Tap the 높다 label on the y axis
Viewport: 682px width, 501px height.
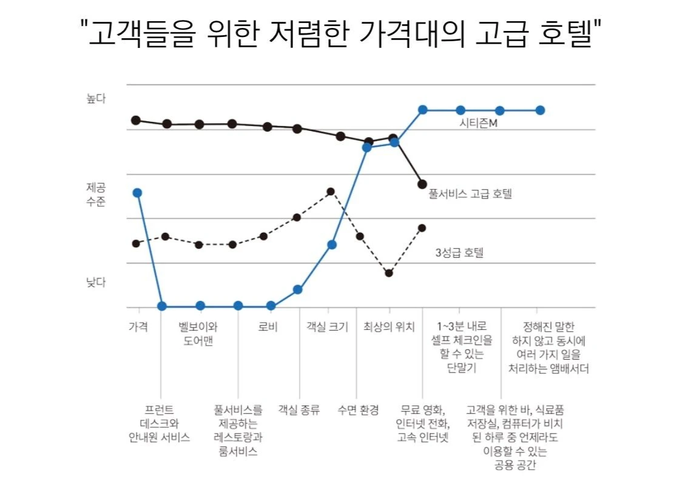coord(96,99)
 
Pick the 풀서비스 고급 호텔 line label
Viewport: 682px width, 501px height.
coord(470,194)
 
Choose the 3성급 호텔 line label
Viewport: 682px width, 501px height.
coord(460,252)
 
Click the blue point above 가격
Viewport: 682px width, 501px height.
coord(137,193)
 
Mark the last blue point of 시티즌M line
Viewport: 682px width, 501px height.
coord(540,110)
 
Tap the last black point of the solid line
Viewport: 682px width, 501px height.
coord(422,184)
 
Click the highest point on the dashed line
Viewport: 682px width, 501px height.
coord(331,192)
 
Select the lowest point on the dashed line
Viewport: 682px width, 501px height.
coord(389,273)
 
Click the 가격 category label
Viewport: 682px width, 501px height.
coord(138,327)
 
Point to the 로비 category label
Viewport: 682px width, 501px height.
coord(268,327)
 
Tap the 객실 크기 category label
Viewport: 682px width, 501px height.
coord(328,327)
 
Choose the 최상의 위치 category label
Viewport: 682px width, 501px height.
coord(389,327)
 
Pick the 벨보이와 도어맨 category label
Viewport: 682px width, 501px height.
coord(198,334)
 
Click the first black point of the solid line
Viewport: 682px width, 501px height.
coord(137,120)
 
